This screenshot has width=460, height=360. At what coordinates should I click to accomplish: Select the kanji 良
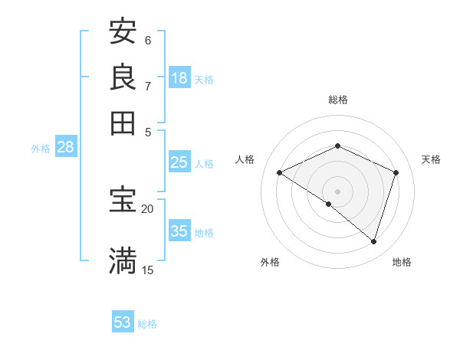pyautogui.click(x=123, y=77)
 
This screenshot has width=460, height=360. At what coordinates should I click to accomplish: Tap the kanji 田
pyautogui.click(x=123, y=122)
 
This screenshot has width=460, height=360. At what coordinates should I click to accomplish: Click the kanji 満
pyautogui.click(x=123, y=260)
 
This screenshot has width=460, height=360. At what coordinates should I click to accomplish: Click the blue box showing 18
pyautogui.click(x=179, y=78)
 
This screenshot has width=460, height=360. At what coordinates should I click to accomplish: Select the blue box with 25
pyautogui.click(x=179, y=162)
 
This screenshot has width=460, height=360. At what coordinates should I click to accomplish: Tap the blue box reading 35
pyautogui.click(x=179, y=231)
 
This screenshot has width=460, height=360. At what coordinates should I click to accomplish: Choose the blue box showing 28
pyautogui.click(x=65, y=148)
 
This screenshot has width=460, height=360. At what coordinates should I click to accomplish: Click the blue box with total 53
pyautogui.click(x=123, y=322)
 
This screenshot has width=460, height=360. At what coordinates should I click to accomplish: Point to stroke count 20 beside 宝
pyautogui.click(x=147, y=208)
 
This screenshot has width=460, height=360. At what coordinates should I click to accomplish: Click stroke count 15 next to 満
pyautogui.click(x=147, y=270)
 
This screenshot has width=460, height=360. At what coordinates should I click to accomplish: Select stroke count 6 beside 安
pyautogui.click(x=148, y=40)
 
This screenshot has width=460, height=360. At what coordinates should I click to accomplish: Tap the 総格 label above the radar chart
pyautogui.click(x=337, y=100)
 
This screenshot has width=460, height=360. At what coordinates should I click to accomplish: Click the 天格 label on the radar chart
pyautogui.click(x=432, y=159)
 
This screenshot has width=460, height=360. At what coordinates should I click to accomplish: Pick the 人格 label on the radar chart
pyautogui.click(x=245, y=159)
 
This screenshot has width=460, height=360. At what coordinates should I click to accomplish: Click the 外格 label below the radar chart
pyautogui.click(x=270, y=262)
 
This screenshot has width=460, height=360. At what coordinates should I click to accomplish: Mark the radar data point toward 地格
pyautogui.click(x=373, y=242)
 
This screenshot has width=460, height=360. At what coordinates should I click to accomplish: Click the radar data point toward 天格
pyautogui.click(x=396, y=172)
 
